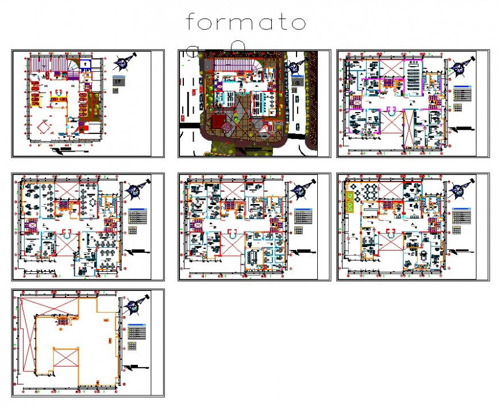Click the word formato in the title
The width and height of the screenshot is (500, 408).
(x=245, y=23)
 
